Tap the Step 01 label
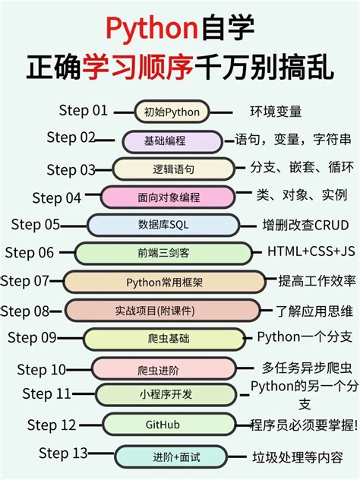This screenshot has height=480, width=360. tap(83, 111)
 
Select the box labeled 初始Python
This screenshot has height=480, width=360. tap(172, 112)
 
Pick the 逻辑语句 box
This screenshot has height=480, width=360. tap(174, 169)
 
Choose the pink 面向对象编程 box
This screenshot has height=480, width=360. tap(169, 197)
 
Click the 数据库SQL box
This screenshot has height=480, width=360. tap(169, 225)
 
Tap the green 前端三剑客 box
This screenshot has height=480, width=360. tap(163, 253)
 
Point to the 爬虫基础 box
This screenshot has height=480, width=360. tap(164, 339)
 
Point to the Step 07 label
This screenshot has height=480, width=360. tap(25, 281)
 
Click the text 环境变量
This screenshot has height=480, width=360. tap(276, 112)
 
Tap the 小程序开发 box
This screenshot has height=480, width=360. tap(166, 395)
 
